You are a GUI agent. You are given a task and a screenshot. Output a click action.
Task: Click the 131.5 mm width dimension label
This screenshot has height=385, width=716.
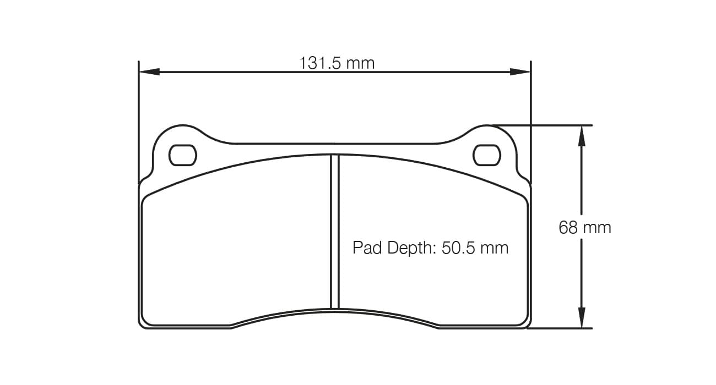point(337,63)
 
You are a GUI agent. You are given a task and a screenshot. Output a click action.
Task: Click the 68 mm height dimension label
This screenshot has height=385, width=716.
point(585,227)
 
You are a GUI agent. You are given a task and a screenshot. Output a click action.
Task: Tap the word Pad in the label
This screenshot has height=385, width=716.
point(367,248)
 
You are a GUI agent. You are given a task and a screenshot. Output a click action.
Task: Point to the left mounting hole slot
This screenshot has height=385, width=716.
point(182,155)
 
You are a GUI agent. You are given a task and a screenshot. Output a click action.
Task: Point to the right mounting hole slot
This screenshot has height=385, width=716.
point(487,155)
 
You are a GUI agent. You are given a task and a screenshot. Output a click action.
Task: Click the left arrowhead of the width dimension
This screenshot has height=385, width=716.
point(149,71)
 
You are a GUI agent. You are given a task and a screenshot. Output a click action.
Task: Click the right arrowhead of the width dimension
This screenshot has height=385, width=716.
point(520,71)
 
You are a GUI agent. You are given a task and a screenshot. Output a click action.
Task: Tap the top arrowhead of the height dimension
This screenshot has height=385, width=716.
point(582,135)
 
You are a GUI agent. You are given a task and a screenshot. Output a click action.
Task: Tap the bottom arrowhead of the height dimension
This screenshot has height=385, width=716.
point(582,318)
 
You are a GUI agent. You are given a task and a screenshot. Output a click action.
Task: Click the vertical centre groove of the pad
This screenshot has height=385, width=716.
point(334,231)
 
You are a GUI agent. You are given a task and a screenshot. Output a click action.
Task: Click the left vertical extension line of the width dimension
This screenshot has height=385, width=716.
point(138,121)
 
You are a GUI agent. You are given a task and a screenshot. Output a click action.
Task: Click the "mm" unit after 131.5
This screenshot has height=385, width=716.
point(361,63)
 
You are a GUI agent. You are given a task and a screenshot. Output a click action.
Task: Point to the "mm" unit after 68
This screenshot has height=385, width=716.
point(598,227)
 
